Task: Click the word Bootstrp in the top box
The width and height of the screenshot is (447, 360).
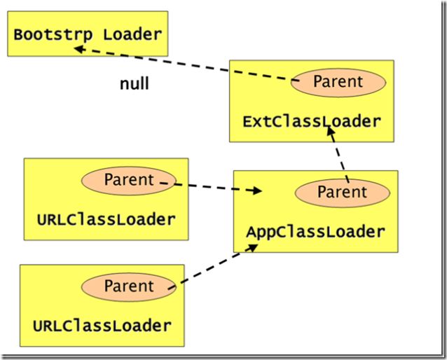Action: pyautogui.click(x=53, y=35)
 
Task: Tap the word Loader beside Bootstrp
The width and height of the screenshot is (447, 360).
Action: pyautogui.click(x=132, y=34)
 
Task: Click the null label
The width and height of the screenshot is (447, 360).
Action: pyautogui.click(x=135, y=84)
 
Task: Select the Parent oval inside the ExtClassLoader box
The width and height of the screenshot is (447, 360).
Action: pyautogui.click(x=338, y=83)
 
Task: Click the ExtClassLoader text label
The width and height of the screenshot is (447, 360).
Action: pyautogui.click(x=312, y=122)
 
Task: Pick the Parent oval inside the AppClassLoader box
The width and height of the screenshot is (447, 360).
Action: pyautogui.click(x=343, y=193)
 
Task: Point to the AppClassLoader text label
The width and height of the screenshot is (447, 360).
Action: pyautogui.click(x=315, y=232)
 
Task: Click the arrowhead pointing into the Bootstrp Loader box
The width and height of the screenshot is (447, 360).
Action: pyautogui.click(x=79, y=49)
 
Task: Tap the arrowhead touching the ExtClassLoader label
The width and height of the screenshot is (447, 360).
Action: pyautogui.click(x=331, y=132)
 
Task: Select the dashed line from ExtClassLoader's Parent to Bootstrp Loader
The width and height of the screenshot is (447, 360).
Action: pyautogui.click(x=186, y=65)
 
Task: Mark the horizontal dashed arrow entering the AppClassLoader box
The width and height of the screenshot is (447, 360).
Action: pyautogui.click(x=211, y=187)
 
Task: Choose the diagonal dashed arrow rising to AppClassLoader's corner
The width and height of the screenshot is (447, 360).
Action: pyautogui.click(x=213, y=267)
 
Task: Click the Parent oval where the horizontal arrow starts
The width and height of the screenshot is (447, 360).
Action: pyautogui.click(x=129, y=181)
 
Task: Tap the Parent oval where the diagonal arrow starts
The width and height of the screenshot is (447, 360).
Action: pyautogui.click(x=129, y=287)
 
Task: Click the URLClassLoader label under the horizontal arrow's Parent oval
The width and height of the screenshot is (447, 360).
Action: pyautogui.click(x=106, y=220)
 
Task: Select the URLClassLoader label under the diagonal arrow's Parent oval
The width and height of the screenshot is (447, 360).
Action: pyautogui.click(x=102, y=326)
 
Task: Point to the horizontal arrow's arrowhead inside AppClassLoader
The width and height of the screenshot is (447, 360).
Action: pyautogui.click(x=256, y=191)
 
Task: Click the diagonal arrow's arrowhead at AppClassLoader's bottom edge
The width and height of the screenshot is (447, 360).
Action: pyautogui.click(x=252, y=248)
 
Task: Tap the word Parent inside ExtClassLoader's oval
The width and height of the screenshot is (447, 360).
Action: pyautogui.click(x=338, y=81)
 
